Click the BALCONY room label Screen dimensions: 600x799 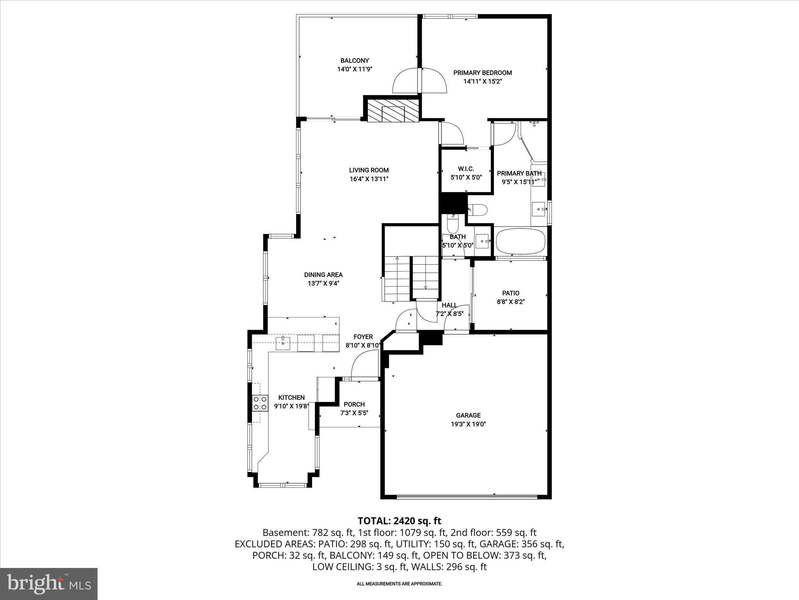(354, 61)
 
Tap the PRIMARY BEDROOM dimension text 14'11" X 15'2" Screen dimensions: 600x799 (482, 82)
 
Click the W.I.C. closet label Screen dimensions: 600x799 (466, 169)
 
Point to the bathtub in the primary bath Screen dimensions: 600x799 (521, 241)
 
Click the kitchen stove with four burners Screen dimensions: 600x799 (260, 403)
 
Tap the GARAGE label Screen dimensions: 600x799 (468, 415)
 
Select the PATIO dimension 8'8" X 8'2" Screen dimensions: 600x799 (511, 302)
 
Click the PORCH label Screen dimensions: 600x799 (354, 404)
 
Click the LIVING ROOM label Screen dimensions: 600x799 (369, 170)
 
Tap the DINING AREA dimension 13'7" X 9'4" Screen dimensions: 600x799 (323, 284)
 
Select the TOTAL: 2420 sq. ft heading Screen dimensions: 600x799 (399, 521)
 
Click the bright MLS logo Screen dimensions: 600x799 (49, 584)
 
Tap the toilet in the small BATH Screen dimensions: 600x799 (453, 225)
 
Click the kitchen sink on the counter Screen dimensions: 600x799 (283, 343)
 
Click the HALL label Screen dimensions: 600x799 (449, 305)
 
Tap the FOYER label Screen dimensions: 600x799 (363, 337)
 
